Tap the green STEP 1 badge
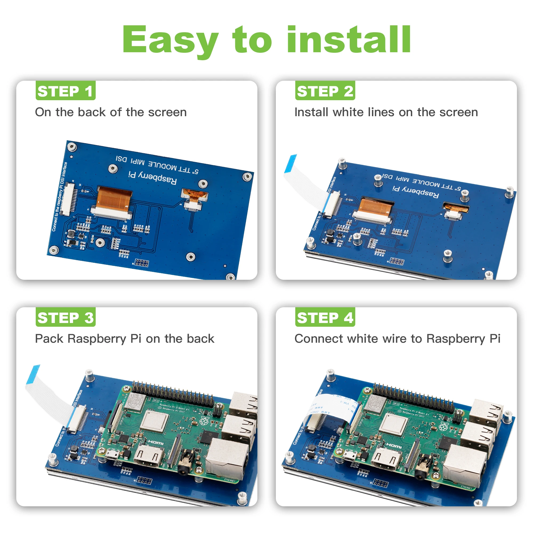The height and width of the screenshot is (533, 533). pyautogui.click(x=65, y=91)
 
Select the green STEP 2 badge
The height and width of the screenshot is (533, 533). pyautogui.click(x=325, y=91)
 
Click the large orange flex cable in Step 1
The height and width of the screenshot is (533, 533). pyautogui.click(x=114, y=198)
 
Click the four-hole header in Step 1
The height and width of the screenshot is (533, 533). pyautogui.click(x=142, y=263)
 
